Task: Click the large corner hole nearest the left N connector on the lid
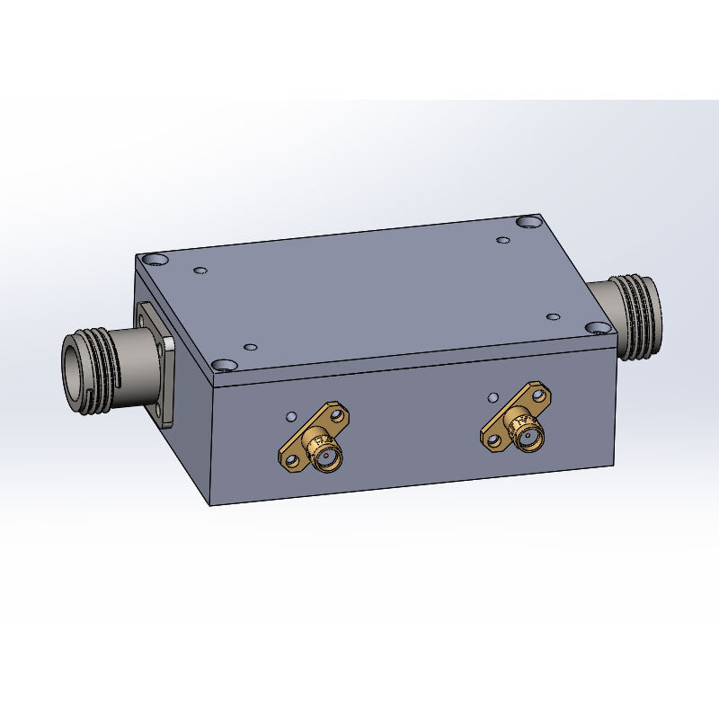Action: tap(156, 260)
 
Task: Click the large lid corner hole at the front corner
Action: tap(222, 365)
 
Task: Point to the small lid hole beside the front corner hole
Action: tap(251, 347)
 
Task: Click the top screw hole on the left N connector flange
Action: tap(144, 314)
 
